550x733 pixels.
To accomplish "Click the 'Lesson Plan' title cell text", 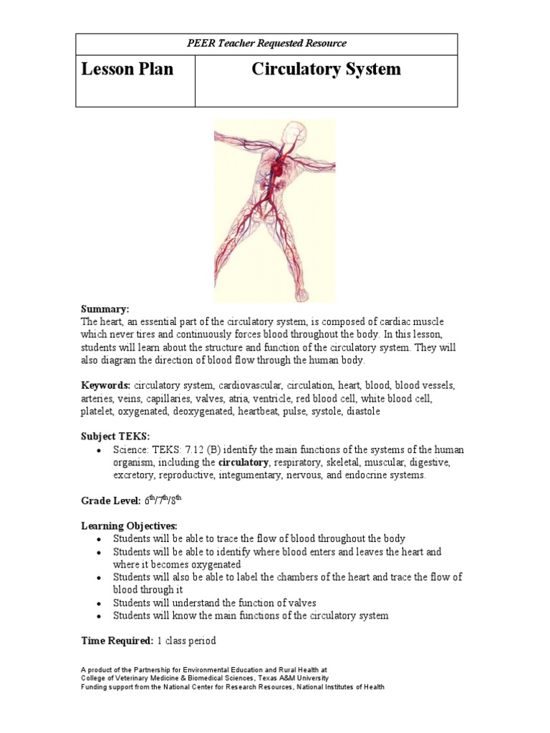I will pos(127,69).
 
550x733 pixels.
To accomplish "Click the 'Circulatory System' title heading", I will pos(326,69).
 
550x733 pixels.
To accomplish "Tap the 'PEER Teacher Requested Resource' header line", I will pos(266,44).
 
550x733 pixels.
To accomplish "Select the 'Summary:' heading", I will pos(105,309).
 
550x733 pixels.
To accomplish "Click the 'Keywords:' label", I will pos(105,386).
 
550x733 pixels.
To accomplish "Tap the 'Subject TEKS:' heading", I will pos(114,437).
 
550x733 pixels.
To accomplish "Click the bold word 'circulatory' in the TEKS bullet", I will pos(243,462).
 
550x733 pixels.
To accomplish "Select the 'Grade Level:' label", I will pos(110,501).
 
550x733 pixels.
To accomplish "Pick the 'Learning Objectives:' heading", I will pos(128,526).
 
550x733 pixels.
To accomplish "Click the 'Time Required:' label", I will pos(112,641).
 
